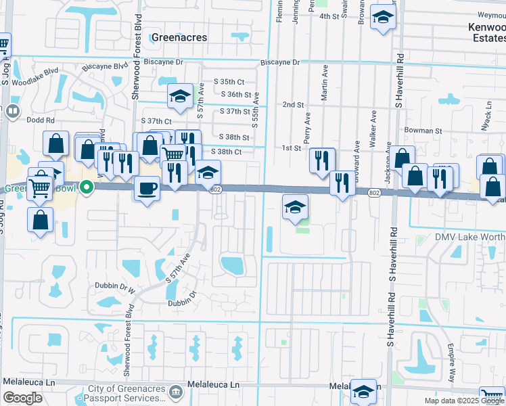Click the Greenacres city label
pyautogui.click(x=179, y=37)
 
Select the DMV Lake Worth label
pyautogui.click(x=466, y=239)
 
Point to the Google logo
pyautogui.click(x=22, y=398)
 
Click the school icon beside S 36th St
pyautogui.click(x=181, y=97)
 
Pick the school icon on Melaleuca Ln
pyautogui.click(x=363, y=390)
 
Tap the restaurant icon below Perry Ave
pyautogui.click(x=322, y=160)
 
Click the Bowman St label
pyautogui.click(x=423, y=130)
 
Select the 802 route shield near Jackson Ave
pyautogui.click(x=375, y=193)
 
